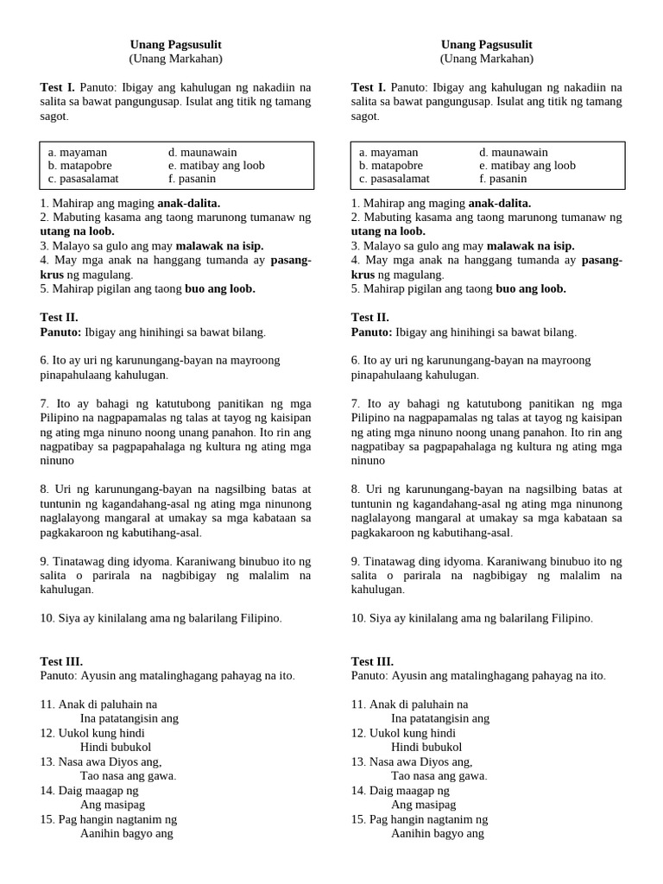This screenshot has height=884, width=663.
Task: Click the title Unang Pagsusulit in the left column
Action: pos(176,44)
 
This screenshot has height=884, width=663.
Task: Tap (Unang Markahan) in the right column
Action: pos(487,59)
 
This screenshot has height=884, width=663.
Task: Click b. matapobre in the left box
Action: pos(79,165)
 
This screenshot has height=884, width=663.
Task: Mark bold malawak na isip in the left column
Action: pos(219,245)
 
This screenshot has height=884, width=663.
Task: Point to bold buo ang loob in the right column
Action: pos(531,288)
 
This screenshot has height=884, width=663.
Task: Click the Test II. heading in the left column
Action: pos(60,317)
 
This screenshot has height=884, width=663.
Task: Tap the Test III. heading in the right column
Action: pos(373,661)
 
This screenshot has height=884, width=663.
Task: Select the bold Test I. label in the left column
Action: pos(58,87)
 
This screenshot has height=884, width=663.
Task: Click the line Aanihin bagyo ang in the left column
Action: pos(126,833)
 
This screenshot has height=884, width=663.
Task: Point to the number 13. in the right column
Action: pos(358,761)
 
